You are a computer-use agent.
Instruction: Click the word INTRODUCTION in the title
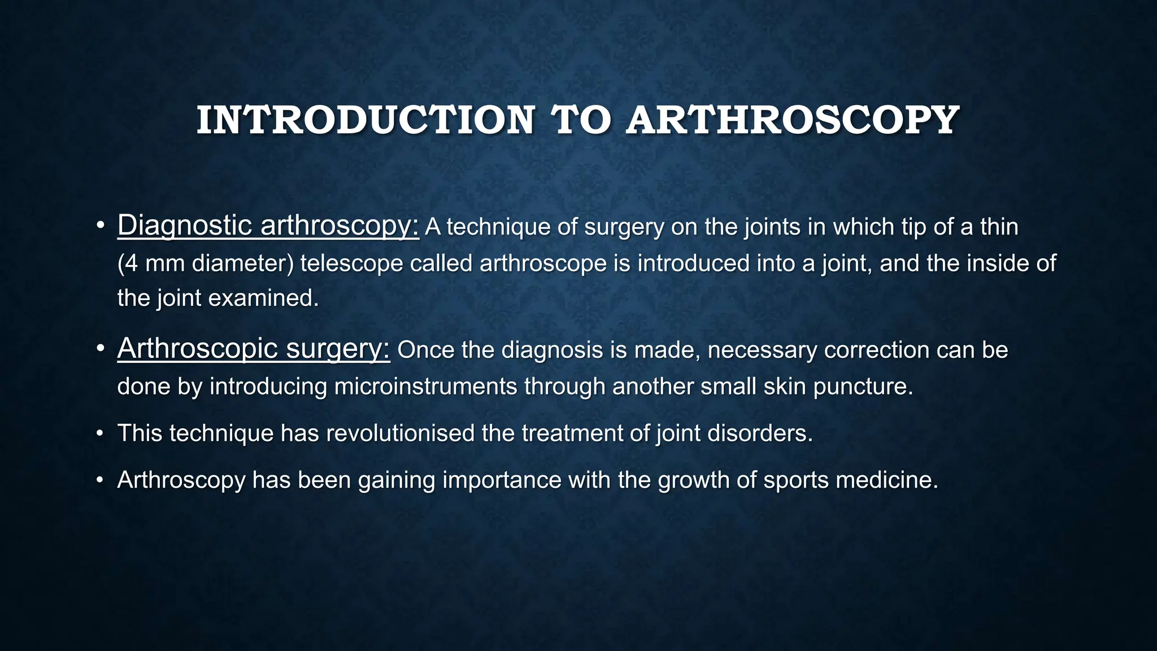point(365,120)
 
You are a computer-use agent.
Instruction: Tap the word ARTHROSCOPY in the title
point(792,120)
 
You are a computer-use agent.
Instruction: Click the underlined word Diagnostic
point(185,225)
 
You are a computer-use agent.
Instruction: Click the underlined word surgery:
point(338,348)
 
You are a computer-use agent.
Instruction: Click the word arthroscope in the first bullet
point(543,263)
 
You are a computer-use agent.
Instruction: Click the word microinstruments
point(425,387)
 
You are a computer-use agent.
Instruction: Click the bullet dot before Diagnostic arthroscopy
point(100,226)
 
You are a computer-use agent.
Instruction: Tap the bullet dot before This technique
point(100,434)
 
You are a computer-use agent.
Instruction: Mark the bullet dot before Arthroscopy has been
point(100,480)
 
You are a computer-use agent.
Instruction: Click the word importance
point(502,480)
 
